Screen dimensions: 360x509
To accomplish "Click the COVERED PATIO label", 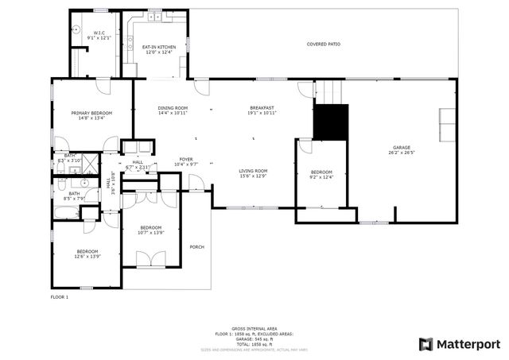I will pyautogui.click(x=324, y=44).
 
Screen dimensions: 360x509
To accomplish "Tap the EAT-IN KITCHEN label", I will pyautogui.click(x=159, y=47).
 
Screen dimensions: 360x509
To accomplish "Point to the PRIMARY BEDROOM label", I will pyautogui.click(x=91, y=113).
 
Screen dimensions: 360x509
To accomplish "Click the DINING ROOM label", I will pyautogui.click(x=172, y=108).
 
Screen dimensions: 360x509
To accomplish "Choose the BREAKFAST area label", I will pyautogui.click(x=262, y=108).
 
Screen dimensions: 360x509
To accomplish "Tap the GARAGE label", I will pyautogui.click(x=401, y=148).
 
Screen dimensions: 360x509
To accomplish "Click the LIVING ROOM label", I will pyautogui.click(x=254, y=171).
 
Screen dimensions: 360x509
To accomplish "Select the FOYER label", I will pyautogui.click(x=186, y=159).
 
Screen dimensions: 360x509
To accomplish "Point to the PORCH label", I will pyautogui.click(x=196, y=247).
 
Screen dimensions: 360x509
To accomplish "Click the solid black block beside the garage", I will pyautogui.click(x=331, y=121).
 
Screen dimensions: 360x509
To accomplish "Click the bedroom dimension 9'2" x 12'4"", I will pyautogui.click(x=321, y=177).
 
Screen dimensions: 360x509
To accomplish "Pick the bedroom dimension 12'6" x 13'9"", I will pyautogui.click(x=87, y=256).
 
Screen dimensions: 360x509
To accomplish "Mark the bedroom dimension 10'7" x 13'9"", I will pyautogui.click(x=150, y=232).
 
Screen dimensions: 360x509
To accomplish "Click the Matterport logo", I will pyautogui.click(x=459, y=343).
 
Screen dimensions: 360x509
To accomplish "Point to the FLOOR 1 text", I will pyautogui.click(x=60, y=297).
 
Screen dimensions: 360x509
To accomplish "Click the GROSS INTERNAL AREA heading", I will pyautogui.click(x=254, y=328).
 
